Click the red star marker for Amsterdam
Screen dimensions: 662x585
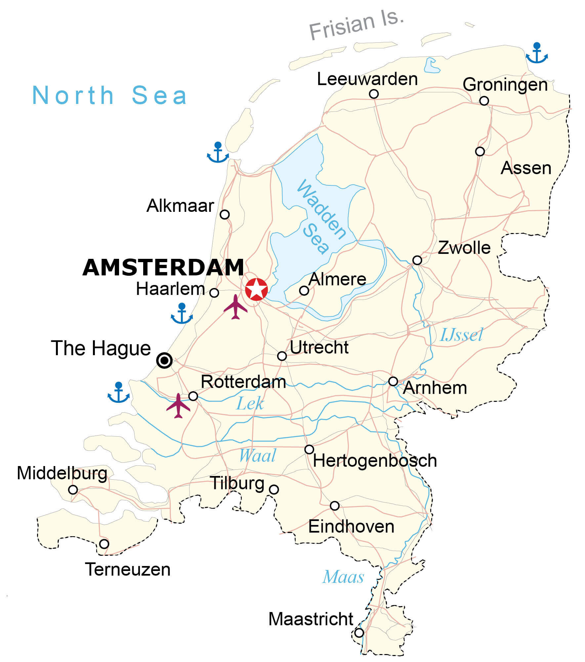click(256, 289)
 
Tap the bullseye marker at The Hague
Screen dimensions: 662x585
click(164, 360)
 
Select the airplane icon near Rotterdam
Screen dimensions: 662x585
click(178, 405)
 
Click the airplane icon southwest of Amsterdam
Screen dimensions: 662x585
click(235, 307)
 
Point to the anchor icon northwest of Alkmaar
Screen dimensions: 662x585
click(218, 153)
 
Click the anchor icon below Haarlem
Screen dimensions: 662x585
click(182, 313)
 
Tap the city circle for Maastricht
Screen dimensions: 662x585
click(359, 633)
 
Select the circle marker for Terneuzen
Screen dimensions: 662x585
click(104, 544)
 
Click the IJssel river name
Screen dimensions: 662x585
click(461, 335)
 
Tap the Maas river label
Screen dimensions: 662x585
click(343, 577)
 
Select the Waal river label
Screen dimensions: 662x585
click(257, 456)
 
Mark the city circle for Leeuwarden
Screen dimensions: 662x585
click(374, 94)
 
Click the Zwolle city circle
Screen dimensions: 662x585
click(417, 260)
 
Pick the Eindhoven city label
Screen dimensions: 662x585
click(351, 527)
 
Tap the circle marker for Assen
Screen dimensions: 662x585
click(480, 152)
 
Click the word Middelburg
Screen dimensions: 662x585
click(62, 473)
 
